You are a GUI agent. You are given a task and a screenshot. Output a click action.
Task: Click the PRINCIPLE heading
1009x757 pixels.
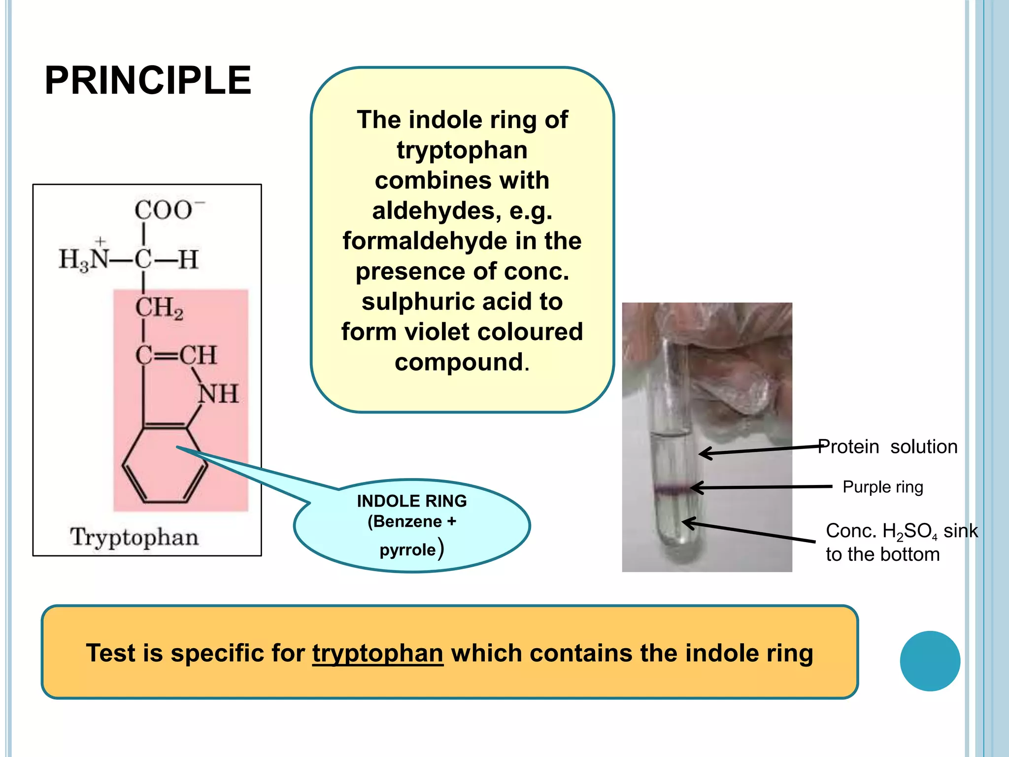148,80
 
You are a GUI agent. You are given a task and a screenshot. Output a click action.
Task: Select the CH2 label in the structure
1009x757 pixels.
159,308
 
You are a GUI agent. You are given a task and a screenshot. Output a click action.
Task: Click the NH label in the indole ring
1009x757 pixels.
218,394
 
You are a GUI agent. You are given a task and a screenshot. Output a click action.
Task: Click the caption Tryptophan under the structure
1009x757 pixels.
134,537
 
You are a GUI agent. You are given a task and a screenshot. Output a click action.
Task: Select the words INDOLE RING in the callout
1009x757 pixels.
412,501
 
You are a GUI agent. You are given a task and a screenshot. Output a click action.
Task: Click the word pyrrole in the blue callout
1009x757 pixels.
407,550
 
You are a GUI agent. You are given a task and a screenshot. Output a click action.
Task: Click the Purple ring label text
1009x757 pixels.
882,487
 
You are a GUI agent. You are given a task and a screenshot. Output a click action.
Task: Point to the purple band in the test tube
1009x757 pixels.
672,489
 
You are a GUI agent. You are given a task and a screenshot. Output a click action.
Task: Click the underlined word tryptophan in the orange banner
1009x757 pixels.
377,653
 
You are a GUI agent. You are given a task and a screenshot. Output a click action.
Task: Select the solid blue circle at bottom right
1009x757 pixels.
930,661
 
